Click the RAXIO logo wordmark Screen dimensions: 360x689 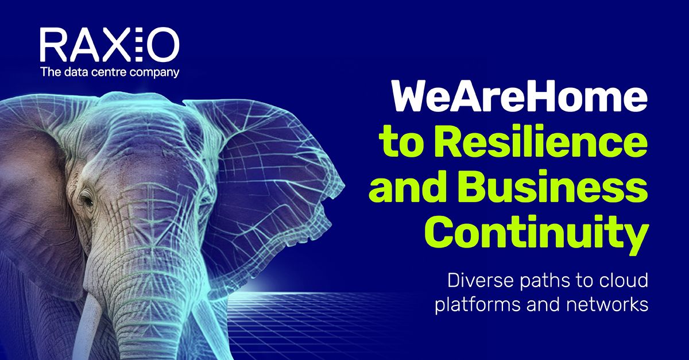pos(109,45)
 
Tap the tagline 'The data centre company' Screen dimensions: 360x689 pos(109,72)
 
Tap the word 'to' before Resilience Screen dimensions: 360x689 pos(402,144)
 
